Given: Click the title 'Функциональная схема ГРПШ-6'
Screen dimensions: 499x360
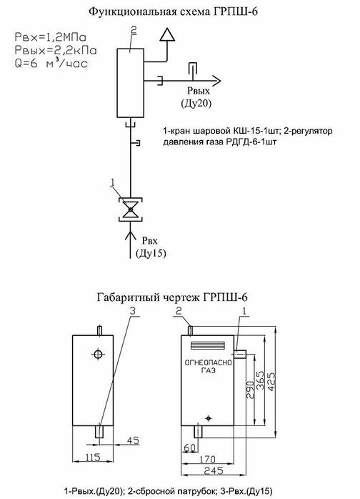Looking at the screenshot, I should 180,12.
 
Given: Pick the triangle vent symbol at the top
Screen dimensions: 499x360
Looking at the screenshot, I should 168,34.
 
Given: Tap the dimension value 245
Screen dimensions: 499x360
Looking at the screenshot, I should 212,470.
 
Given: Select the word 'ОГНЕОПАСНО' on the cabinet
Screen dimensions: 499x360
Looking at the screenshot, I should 209,363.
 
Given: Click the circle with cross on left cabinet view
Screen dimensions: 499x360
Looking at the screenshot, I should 99,355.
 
